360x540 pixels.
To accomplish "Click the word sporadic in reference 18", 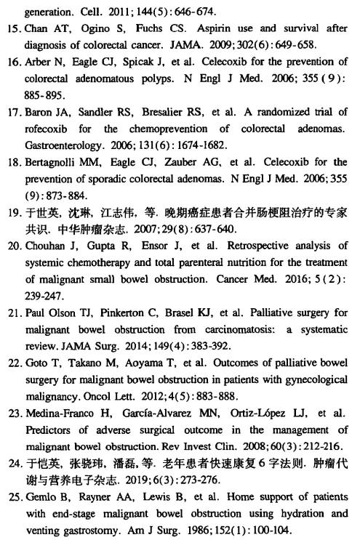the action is coord(106,179).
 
